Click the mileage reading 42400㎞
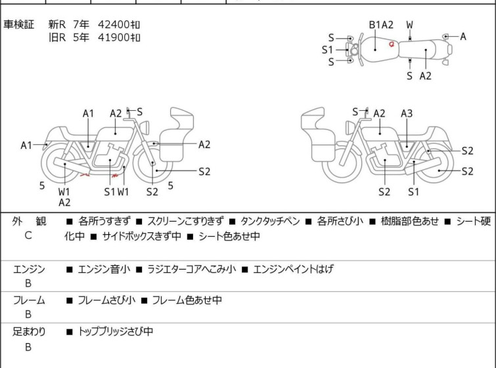point(119,24)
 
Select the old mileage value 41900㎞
point(119,37)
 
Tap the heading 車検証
point(19,24)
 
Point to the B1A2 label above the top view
point(381,25)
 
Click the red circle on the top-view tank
point(392,45)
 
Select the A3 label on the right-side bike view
point(407,113)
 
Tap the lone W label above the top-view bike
point(410,25)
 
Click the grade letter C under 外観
point(28,235)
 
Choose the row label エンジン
point(30,269)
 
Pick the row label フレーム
point(30,300)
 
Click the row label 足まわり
point(30,332)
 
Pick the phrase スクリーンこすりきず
point(185,222)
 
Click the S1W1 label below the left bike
point(116,192)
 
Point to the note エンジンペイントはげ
point(294,269)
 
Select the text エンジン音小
point(104,269)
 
